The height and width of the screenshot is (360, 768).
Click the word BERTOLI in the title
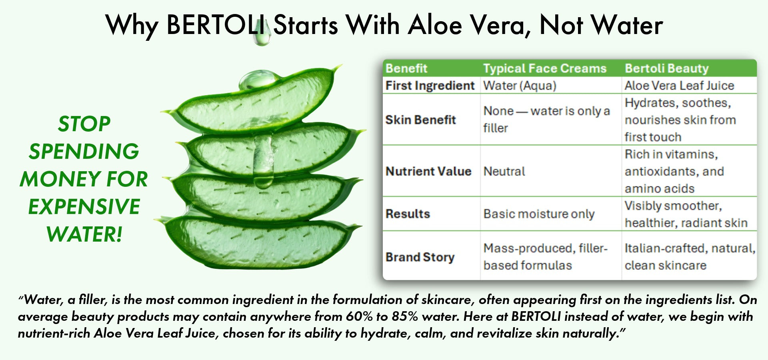[216, 25]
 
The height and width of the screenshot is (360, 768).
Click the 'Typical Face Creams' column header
[545, 68]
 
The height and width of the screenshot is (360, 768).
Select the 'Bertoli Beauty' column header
[667, 68]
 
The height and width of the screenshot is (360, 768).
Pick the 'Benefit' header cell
[406, 68]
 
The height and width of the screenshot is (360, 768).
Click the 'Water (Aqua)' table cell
[520, 86]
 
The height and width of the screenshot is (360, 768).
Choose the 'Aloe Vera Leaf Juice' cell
[679, 86]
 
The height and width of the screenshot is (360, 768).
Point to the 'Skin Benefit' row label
[420, 120]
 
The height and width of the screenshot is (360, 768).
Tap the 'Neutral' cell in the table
[504, 171]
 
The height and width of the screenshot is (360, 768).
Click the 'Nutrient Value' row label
[428, 171]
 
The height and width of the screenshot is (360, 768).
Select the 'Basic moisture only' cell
[539, 214]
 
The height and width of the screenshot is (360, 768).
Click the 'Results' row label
[408, 214]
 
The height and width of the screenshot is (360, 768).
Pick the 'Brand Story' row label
[420, 257]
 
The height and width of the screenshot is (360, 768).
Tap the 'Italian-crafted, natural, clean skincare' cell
[690, 257]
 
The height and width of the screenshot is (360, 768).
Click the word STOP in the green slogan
[84, 124]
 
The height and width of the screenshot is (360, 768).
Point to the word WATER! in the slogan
[84, 234]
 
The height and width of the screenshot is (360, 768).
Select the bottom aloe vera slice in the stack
[258, 242]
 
